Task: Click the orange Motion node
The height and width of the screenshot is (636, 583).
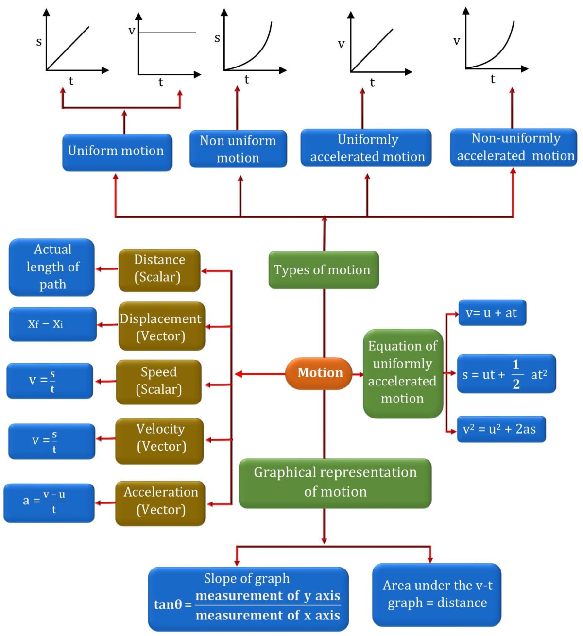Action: point(319,373)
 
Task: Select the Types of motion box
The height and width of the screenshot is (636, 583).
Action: point(324,270)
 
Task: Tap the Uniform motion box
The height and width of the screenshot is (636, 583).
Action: point(117,152)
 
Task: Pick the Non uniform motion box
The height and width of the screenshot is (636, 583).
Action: point(238,149)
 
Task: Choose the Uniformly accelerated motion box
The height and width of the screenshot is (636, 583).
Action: point(366,148)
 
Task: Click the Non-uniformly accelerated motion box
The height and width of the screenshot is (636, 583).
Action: point(514,147)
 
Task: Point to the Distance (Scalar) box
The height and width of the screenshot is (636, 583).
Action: point(159,270)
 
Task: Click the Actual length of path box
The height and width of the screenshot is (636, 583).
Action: point(52,267)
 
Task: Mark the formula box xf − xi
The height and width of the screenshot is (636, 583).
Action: point(52,324)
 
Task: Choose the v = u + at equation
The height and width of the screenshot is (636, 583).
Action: point(492,313)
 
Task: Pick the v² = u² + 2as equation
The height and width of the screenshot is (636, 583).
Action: point(501,429)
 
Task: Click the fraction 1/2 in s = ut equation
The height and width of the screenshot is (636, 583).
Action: point(516,374)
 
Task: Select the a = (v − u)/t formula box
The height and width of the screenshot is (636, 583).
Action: point(49,502)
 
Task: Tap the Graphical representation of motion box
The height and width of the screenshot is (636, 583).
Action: point(335,483)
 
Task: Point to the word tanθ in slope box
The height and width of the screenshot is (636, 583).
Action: point(168,604)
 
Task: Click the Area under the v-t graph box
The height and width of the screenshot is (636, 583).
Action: point(436,594)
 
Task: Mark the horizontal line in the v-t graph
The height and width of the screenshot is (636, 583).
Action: point(168,33)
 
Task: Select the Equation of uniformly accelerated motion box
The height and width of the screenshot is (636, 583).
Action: point(403,373)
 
